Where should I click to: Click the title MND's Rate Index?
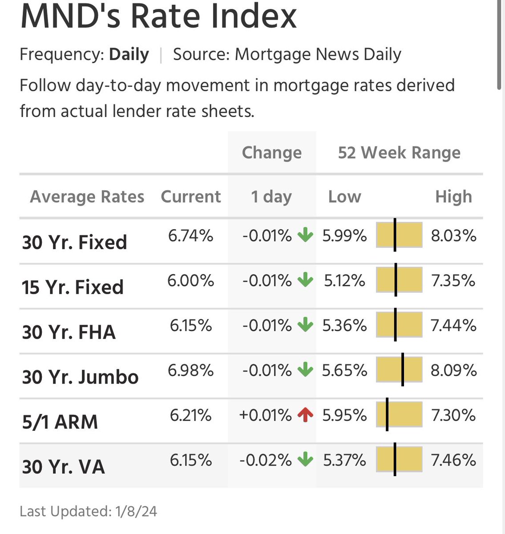[158, 16]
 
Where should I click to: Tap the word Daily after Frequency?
[129, 54]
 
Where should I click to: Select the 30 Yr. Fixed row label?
[74, 243]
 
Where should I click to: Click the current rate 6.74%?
[190, 235]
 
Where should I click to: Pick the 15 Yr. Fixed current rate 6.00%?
[190, 281]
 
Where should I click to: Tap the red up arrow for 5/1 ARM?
[305, 415]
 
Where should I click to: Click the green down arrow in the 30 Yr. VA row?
[305, 460]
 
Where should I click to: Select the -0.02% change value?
[265, 460]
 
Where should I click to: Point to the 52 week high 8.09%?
[453, 370]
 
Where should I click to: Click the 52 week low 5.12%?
[344, 281]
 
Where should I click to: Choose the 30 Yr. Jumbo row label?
[80, 377]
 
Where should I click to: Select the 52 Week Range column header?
[399, 153]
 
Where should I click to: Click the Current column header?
[190, 196]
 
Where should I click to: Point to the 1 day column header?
[271, 196]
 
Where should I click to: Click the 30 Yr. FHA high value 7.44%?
[453, 326]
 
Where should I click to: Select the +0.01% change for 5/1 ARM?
[265, 415]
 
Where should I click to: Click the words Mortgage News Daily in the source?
[318, 54]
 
